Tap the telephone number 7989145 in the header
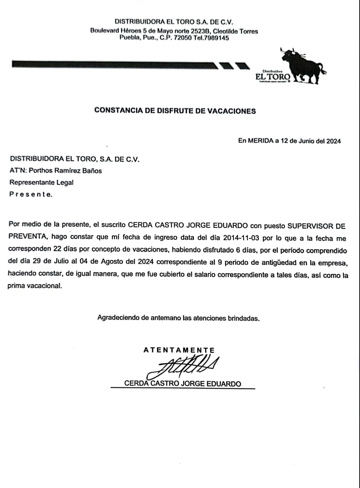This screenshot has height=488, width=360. tap(216, 38)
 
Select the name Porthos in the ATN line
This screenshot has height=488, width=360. tap(41, 171)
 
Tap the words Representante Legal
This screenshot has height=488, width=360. tap(41, 183)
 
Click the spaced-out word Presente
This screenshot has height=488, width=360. tap(31, 194)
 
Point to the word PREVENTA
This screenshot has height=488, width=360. tap(27, 238)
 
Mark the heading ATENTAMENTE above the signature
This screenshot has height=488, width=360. tap(179, 350)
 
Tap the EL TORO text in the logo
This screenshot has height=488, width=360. tap(272, 77)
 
